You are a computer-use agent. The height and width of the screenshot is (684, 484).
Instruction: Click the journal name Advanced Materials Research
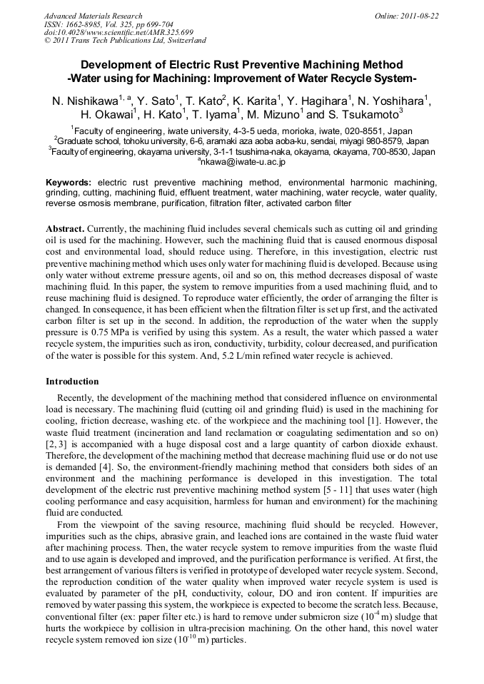93,16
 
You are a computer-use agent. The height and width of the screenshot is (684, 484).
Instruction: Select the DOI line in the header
119,32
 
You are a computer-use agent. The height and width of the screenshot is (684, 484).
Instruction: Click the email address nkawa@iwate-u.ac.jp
243,162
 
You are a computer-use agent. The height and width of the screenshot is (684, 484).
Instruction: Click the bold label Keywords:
69,183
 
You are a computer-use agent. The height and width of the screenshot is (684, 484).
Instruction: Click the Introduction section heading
72,382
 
